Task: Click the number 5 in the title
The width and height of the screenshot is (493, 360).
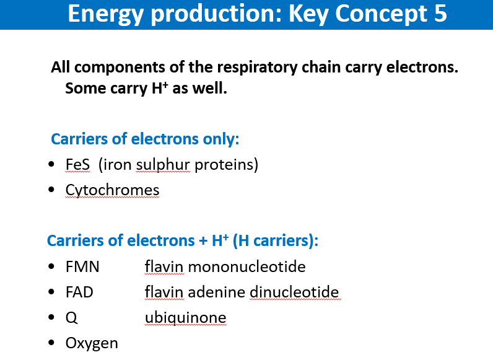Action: [x=440, y=13]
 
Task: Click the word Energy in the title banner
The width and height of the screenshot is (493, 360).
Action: [x=106, y=14]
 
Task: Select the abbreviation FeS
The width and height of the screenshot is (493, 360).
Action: [x=77, y=164]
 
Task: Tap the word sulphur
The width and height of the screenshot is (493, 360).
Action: [x=163, y=165]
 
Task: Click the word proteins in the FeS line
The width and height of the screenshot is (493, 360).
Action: [x=224, y=165]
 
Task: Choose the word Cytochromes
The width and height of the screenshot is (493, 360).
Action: [x=112, y=190]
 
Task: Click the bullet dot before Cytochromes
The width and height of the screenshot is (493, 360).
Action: [x=51, y=190]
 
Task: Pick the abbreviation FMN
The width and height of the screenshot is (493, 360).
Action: [x=82, y=266]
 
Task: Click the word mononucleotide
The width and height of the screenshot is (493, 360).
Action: [x=247, y=266]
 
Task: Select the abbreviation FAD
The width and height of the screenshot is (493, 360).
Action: [x=79, y=292]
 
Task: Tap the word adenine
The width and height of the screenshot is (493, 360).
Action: [x=217, y=292]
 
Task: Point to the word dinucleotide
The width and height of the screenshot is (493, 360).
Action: [x=294, y=292]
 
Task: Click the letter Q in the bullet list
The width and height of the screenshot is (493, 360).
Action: [x=71, y=318]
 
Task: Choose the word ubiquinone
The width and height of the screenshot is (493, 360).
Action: [x=186, y=318]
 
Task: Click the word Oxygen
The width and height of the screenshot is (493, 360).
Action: [x=92, y=343]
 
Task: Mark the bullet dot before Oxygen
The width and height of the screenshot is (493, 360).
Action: [x=51, y=343]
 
